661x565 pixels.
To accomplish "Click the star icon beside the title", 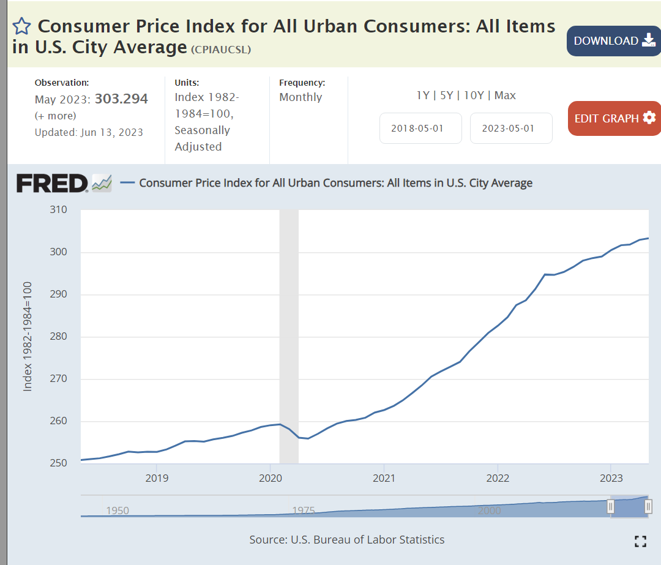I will [x=21, y=26].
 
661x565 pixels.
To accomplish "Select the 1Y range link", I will [x=423, y=95].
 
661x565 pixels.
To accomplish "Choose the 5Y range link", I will [x=447, y=95].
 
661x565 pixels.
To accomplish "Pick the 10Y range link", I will [x=474, y=95].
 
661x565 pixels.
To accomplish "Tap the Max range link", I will [x=505, y=95].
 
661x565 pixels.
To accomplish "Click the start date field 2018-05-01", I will [x=420, y=129].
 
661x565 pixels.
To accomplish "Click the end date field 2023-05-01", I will [x=511, y=129].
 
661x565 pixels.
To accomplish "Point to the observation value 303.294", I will [x=121, y=99].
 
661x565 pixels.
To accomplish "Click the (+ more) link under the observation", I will [x=56, y=116].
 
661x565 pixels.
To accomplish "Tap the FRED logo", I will [x=53, y=183].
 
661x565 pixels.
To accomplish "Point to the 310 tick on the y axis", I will [x=58, y=210].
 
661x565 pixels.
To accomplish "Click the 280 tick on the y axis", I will [x=58, y=337].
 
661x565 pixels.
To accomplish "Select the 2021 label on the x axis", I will [x=384, y=477].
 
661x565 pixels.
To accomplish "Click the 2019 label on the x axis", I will [x=157, y=477].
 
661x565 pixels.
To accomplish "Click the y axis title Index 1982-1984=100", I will [x=28, y=337].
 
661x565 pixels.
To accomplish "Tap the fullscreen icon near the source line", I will [x=640, y=541].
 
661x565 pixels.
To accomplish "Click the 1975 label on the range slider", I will [x=304, y=511].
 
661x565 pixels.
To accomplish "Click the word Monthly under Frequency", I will [x=301, y=97].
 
